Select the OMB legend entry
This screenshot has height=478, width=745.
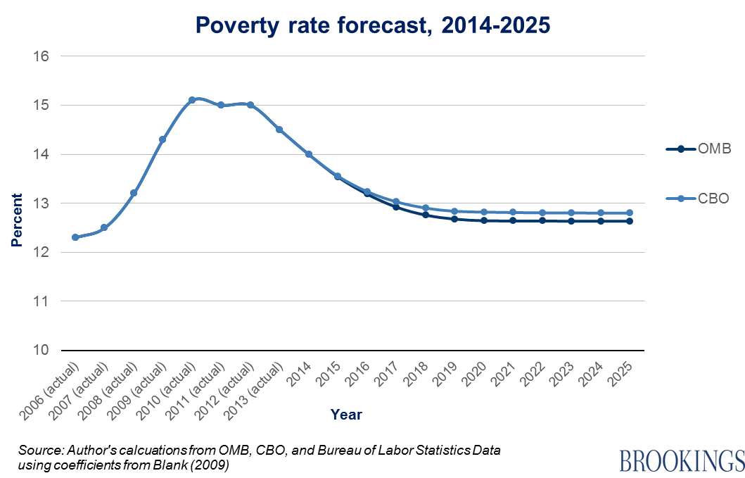point(706,149)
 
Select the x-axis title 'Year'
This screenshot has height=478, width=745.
point(346,415)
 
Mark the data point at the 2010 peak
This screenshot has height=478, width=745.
point(192,100)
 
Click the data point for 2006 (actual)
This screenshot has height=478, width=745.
point(75,237)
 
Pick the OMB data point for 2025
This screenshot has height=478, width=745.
point(630,221)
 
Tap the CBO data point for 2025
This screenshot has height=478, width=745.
point(630,213)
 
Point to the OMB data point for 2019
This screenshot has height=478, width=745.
point(454,219)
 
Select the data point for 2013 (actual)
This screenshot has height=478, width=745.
point(279,130)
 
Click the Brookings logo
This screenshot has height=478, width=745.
point(681,460)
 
